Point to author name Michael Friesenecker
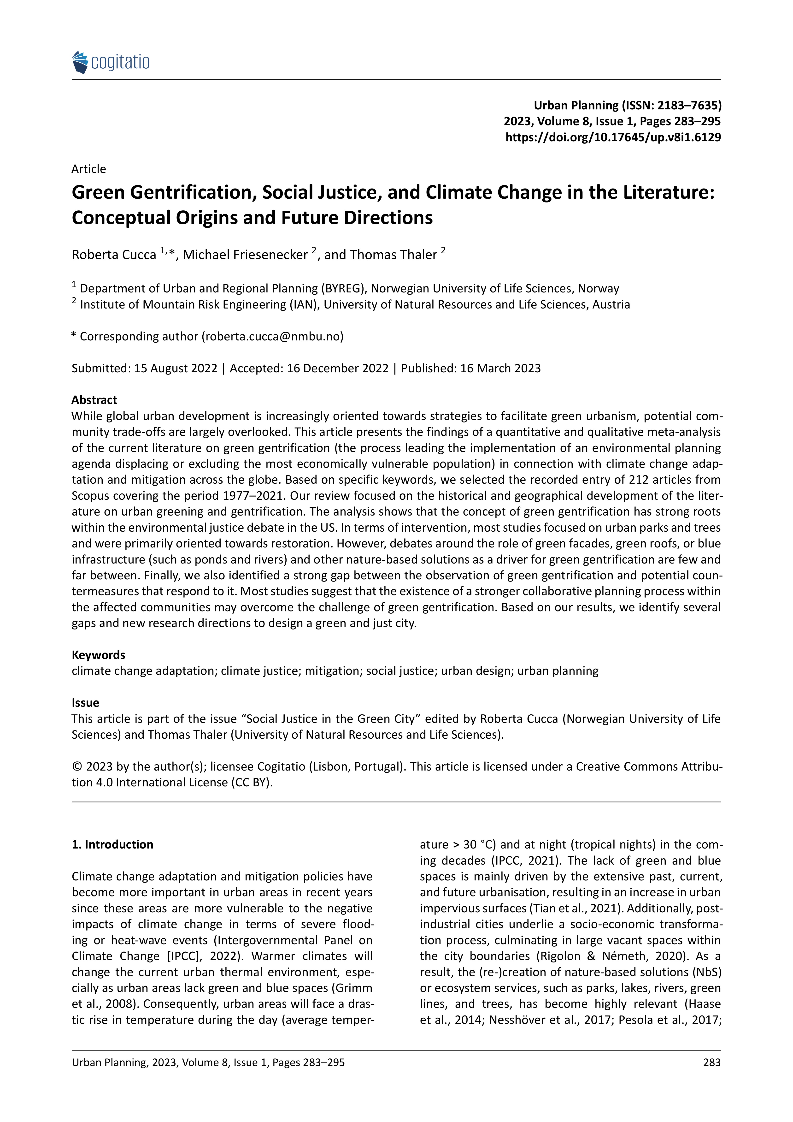click(x=245, y=255)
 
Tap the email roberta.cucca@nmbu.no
click(x=273, y=336)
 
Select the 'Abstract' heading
click(x=94, y=400)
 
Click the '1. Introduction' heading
click(x=112, y=844)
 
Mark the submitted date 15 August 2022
click(x=176, y=368)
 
